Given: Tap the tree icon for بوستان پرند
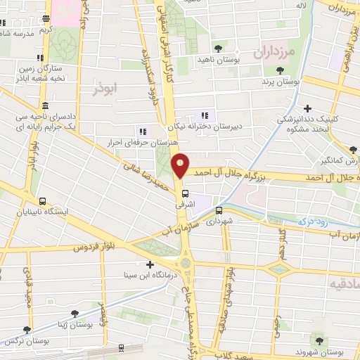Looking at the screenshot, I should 281,70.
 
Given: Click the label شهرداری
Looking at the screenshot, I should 218,221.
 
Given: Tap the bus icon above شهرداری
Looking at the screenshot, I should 219,210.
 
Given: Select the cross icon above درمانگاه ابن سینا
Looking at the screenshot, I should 149,265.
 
